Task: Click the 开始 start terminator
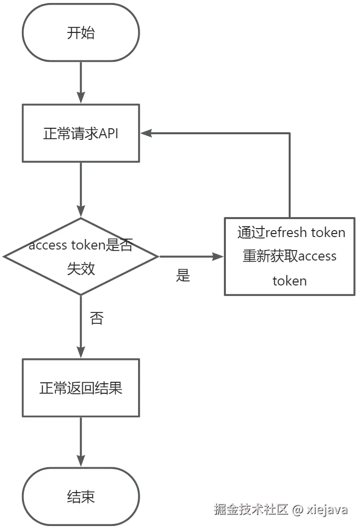tap(81, 33)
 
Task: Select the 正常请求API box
tap(81, 133)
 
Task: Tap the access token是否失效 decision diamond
tap(81, 257)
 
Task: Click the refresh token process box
tap(289, 257)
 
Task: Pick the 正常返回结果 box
tap(81, 388)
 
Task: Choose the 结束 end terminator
tap(81, 497)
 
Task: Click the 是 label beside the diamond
tap(183, 275)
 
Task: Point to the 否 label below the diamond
tap(97, 318)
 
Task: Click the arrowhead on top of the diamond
tap(81, 212)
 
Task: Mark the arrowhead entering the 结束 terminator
tap(81, 462)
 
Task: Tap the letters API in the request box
tap(108, 134)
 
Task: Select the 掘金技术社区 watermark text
tap(251, 510)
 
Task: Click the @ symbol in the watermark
tap(298, 510)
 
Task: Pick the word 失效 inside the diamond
tap(81, 268)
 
